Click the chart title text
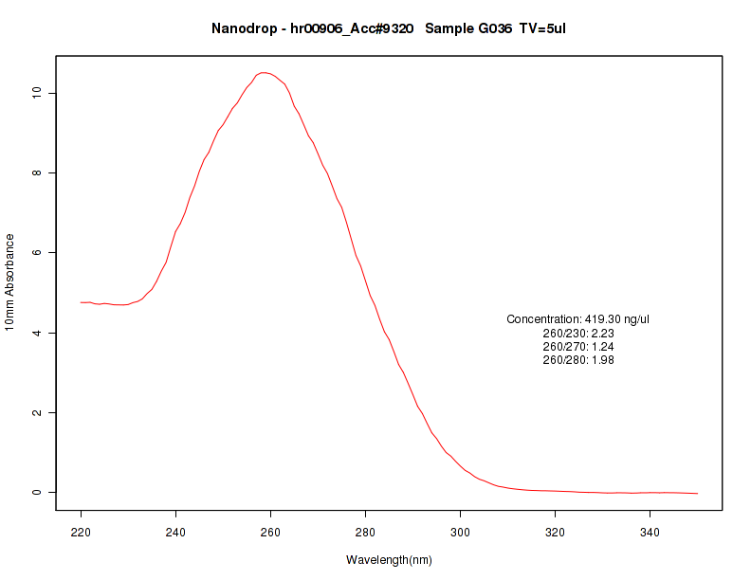pyautogui.click(x=389, y=29)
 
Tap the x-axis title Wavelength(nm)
pyautogui.click(x=389, y=559)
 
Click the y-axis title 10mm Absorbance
pyautogui.click(x=9, y=282)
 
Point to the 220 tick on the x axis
pyautogui.click(x=81, y=532)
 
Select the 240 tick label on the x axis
pyautogui.click(x=175, y=532)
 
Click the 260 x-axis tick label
pyautogui.click(x=270, y=532)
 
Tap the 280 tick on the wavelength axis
pyautogui.click(x=365, y=532)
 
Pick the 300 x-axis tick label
pyautogui.click(x=460, y=532)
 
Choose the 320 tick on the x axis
pyautogui.click(x=555, y=532)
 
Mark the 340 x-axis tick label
pyautogui.click(x=650, y=532)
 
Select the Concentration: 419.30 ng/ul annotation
pyautogui.click(x=577, y=319)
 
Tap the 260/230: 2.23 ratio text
pyautogui.click(x=577, y=334)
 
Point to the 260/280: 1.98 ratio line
pyautogui.click(x=577, y=360)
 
